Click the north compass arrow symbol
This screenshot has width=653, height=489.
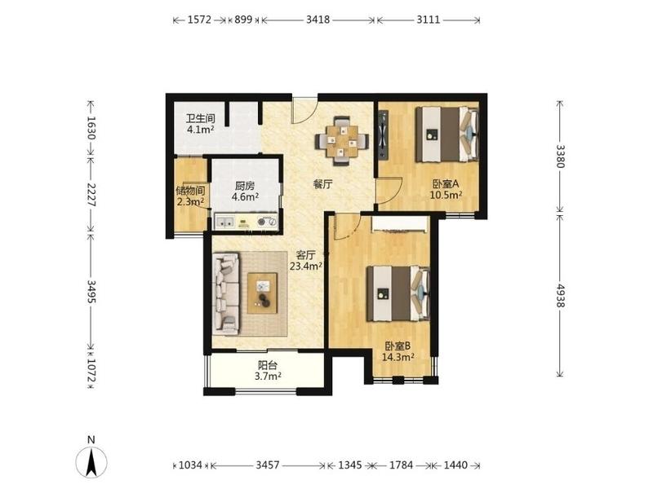point(91,462)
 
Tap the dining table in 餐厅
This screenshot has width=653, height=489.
point(341,141)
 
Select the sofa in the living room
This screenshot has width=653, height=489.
point(227,294)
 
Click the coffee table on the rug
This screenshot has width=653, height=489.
point(262,293)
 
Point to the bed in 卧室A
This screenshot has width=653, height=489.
point(447,134)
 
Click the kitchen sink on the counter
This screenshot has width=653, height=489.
point(225,222)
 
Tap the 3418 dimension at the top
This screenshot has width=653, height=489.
point(318,20)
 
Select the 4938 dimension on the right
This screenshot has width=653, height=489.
point(561,295)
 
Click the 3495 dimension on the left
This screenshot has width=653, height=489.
point(91,291)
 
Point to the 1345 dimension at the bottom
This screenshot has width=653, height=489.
point(349,465)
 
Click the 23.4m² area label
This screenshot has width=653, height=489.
point(306,267)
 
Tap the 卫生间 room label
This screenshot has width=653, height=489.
point(200,118)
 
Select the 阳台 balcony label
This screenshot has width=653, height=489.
point(268,365)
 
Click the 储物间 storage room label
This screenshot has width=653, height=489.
point(190,191)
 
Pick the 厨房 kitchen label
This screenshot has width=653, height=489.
point(245,186)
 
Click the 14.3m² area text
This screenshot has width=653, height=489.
point(398,356)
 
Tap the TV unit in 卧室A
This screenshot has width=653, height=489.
point(383,134)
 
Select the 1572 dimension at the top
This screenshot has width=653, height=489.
point(199,20)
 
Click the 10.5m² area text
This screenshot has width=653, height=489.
point(446,195)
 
